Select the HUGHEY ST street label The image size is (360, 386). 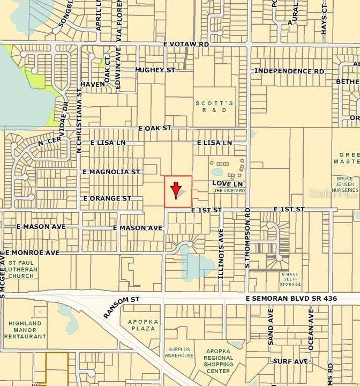coord(155,70)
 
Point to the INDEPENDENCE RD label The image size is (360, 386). coord(289,71)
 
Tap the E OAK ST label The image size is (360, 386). coord(155,129)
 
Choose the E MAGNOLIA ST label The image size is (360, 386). coord(111,172)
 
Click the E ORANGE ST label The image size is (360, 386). coord(107,198)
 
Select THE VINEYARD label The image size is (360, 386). coord(230,191)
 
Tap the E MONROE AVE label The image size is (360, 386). coord(33,252)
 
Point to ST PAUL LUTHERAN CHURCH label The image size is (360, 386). coord(21,269)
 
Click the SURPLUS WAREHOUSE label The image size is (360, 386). coord(179,352)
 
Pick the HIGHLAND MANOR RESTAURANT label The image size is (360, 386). coord(27,330)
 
